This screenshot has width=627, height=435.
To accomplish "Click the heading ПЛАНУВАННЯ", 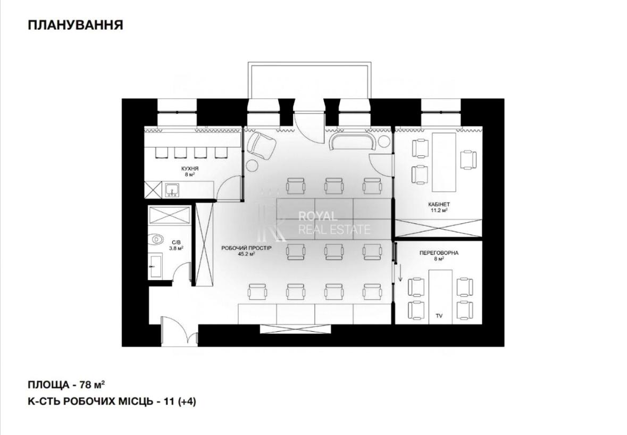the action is click(76, 25).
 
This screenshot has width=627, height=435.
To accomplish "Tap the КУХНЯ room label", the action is click(189, 169).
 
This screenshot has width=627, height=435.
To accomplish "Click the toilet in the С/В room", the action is click(157, 239).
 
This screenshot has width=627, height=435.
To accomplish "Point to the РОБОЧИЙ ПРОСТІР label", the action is click(247, 248).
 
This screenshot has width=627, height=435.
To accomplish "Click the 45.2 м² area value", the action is click(247, 254).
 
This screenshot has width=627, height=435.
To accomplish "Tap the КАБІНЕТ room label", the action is click(439, 204).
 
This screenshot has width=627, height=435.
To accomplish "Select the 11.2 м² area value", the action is click(439, 210).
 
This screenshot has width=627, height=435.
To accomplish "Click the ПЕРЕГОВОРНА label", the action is click(439, 253).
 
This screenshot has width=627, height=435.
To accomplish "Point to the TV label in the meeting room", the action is click(439, 316).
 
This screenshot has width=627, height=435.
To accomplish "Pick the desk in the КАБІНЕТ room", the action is click(444, 162).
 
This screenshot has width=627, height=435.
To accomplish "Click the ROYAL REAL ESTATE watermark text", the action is click(335, 223).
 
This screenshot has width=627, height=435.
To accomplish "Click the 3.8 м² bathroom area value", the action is click(177, 248).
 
